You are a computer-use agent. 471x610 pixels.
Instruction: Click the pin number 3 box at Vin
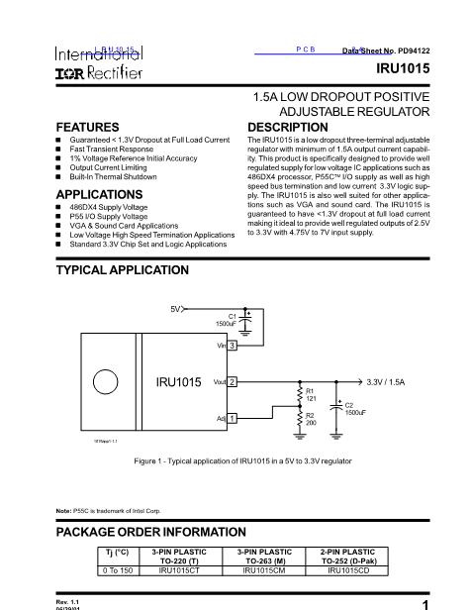pyautogui.click(x=232, y=346)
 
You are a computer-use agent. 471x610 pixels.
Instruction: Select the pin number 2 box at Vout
pyautogui.click(x=232, y=381)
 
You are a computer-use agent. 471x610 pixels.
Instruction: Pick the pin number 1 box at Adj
pyautogui.click(x=232, y=419)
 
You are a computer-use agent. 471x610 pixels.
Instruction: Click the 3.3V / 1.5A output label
pyautogui.click(x=392, y=381)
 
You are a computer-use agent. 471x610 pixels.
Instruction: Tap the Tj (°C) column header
pyautogui.click(x=118, y=552)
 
